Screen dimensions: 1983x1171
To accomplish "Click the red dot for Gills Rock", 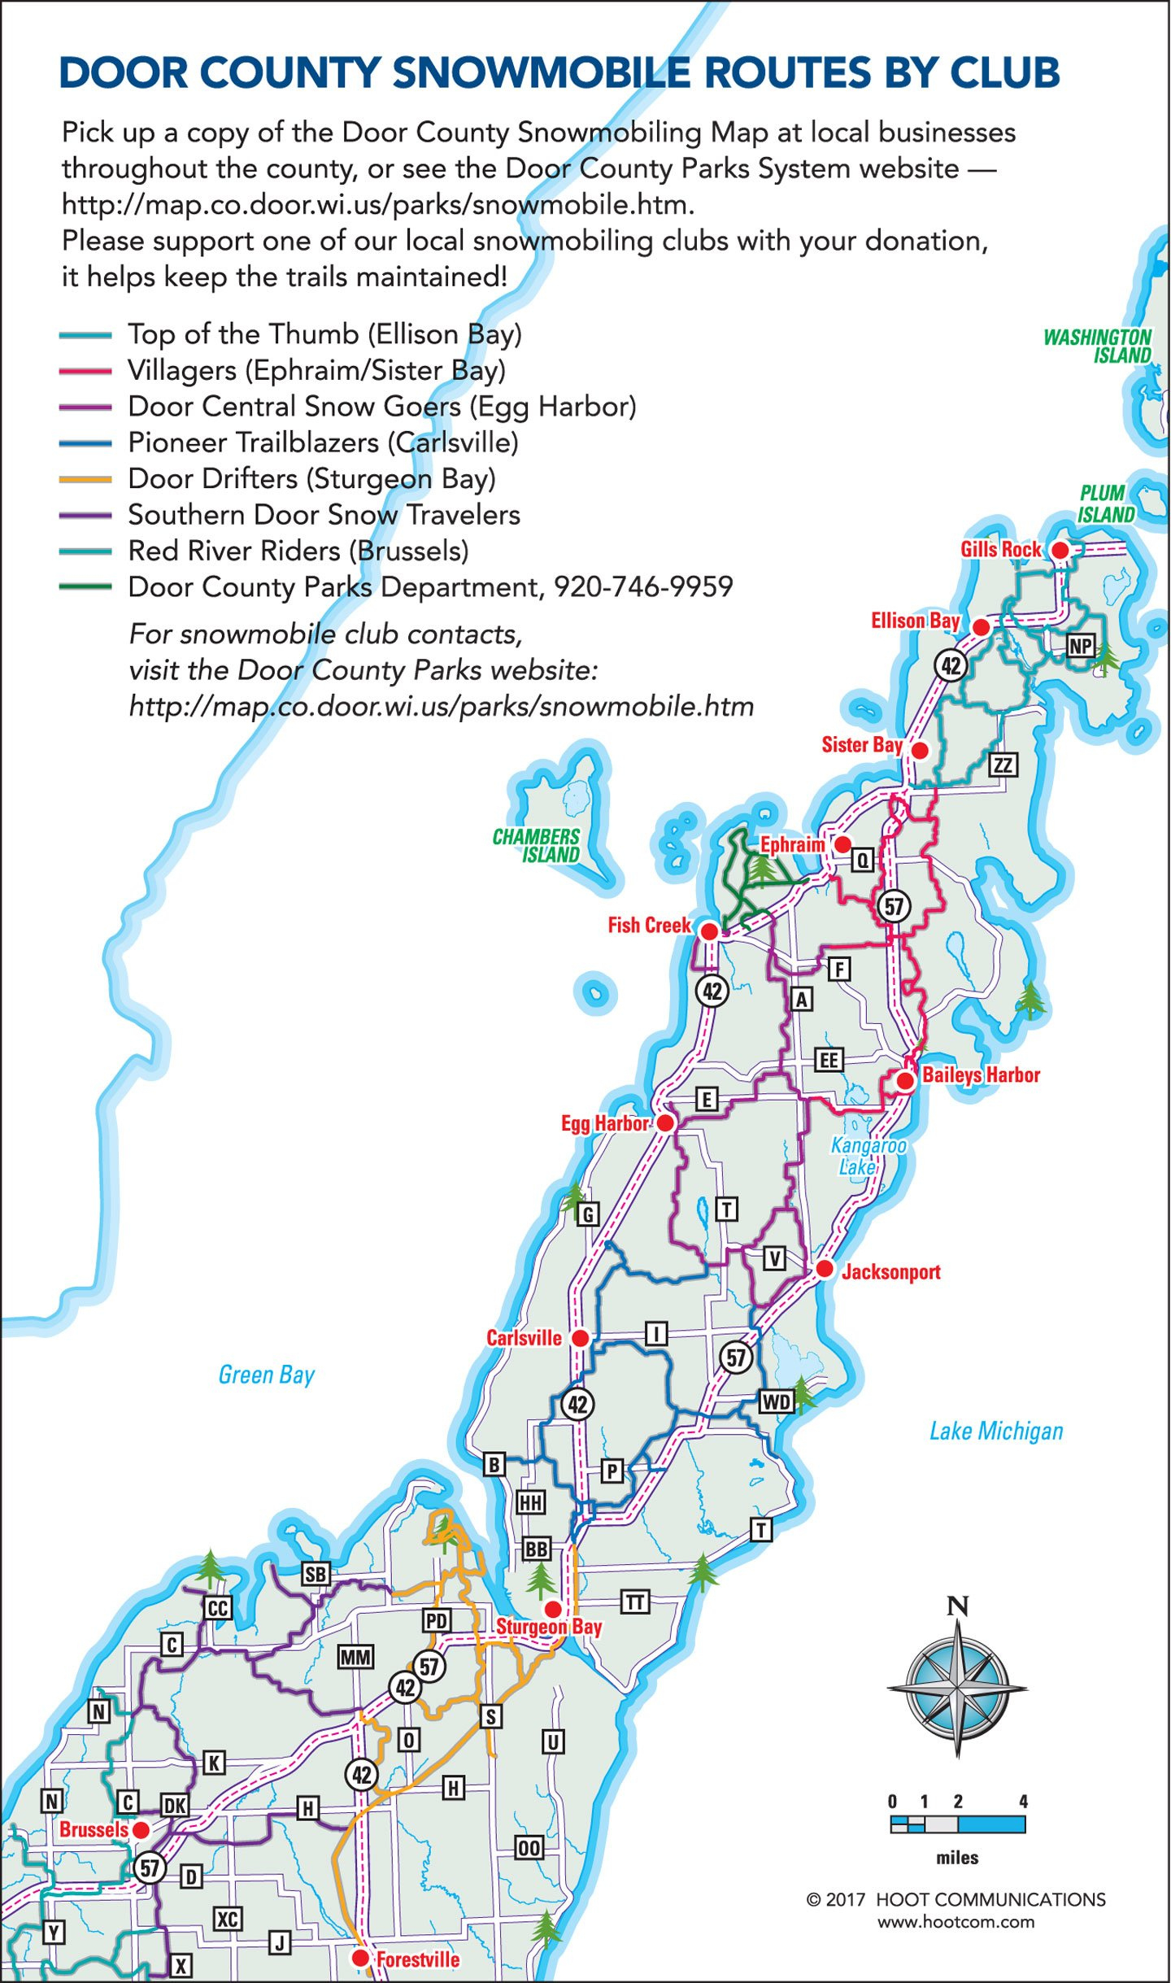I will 1060,551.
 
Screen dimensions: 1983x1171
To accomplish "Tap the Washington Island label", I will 1097,346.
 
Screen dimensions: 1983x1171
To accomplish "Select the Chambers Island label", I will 537,846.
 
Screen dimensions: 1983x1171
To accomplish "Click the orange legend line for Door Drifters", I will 85,479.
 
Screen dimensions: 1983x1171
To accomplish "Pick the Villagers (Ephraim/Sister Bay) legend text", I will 316,371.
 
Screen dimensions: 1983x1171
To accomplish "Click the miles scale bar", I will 957,1824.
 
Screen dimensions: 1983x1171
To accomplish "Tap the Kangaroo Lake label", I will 867,1156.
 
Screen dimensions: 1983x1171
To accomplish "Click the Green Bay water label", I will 266,1375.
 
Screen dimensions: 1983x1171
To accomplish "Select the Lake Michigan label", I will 996,1432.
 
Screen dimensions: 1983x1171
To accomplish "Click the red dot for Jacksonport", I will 825,1269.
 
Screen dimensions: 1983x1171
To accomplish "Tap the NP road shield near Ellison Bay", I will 1080,646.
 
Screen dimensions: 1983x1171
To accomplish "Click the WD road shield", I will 775,1401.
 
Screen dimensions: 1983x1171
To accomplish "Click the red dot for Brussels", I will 141,1830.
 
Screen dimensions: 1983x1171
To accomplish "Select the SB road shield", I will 316,1574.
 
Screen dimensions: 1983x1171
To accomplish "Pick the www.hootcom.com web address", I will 956,1922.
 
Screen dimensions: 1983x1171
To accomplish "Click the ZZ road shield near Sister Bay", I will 1003,765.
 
